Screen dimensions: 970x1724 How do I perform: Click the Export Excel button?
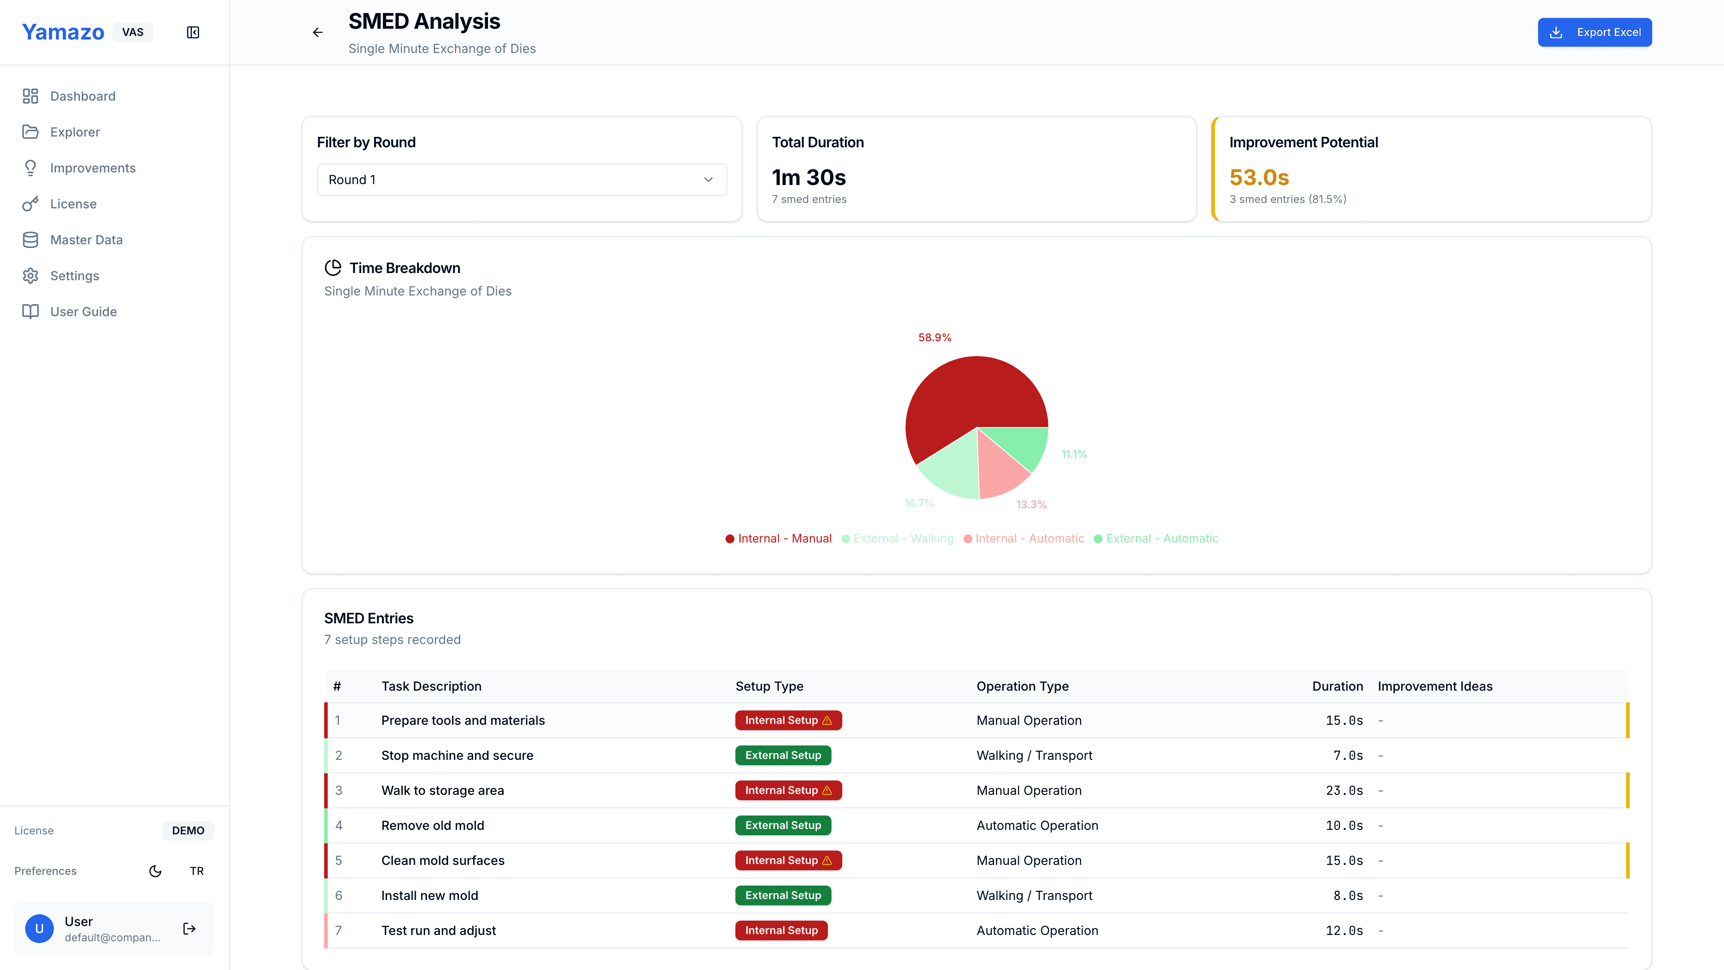point(1594,32)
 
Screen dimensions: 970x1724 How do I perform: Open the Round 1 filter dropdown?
point(521,180)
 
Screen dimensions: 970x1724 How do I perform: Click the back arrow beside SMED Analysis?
point(318,32)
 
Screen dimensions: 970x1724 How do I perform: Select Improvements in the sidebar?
point(92,168)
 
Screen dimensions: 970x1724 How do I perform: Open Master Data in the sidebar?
point(86,240)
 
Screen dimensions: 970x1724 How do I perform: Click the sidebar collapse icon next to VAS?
point(193,32)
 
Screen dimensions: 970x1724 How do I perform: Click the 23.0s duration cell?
point(1344,790)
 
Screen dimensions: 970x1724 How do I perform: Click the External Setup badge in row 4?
point(783,825)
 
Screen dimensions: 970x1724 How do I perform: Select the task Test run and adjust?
point(438,930)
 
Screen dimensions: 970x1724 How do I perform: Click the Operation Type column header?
point(1022,686)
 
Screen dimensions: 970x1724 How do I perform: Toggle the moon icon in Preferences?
point(155,871)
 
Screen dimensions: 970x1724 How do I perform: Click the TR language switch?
point(196,871)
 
